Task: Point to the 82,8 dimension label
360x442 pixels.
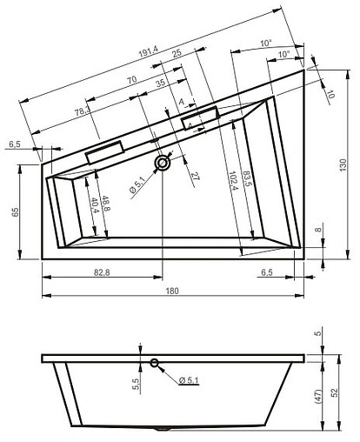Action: (97, 273)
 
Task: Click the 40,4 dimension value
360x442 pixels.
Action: (94, 209)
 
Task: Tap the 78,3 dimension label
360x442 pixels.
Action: (83, 113)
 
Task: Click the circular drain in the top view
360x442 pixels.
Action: (163, 162)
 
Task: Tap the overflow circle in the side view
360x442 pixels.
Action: (154, 364)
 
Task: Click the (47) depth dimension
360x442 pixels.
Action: (317, 394)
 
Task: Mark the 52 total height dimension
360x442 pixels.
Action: (342, 392)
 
